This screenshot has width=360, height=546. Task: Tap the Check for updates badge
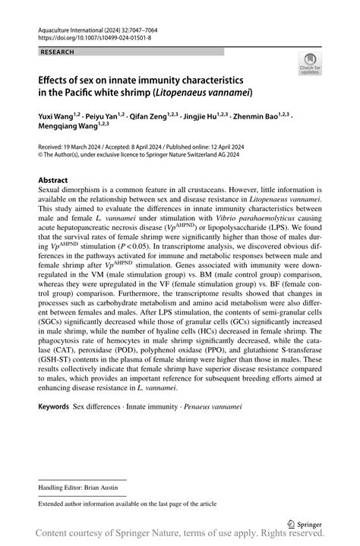tap(310, 66)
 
